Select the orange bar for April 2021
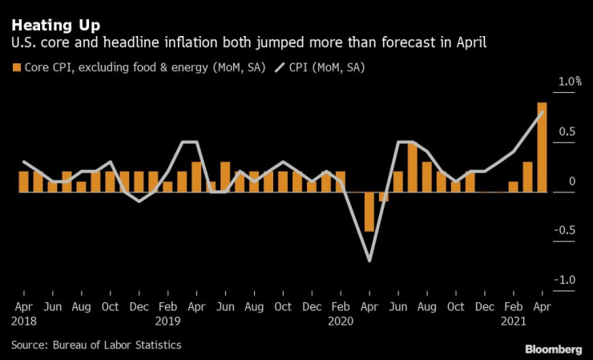[542, 148]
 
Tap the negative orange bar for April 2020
[369, 212]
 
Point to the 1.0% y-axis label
[570, 82]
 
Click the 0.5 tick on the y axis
[567, 131]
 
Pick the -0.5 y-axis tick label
[566, 230]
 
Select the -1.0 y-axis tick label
[566, 280]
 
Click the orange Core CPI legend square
[16, 67]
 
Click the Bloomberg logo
[554, 350]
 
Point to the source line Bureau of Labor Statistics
[96, 345]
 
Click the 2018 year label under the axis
[23, 321]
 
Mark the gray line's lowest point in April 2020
[369, 261]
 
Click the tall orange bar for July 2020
[413, 168]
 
